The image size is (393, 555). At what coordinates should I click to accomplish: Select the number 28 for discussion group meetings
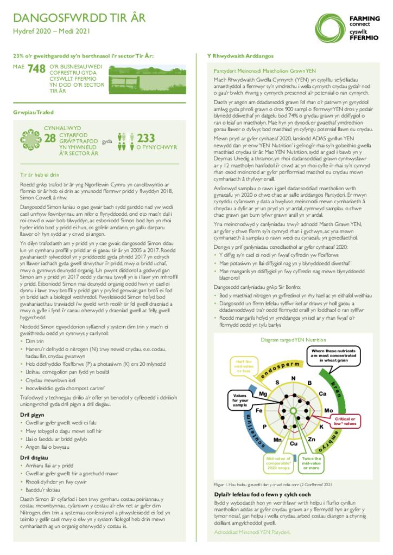(49, 138)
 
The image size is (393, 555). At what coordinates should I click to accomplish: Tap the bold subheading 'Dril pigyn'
(32, 415)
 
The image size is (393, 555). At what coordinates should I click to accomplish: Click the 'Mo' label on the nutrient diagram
(328, 411)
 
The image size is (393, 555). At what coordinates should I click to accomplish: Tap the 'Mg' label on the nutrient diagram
(263, 393)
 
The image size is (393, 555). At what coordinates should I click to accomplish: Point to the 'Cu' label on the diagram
(294, 444)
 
